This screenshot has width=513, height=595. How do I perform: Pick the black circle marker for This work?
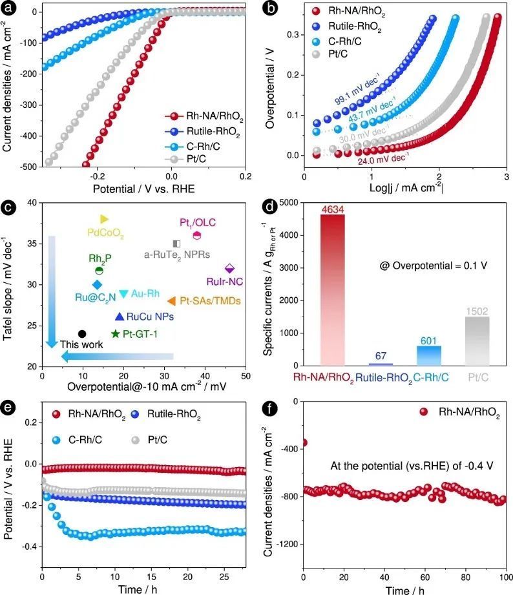82,333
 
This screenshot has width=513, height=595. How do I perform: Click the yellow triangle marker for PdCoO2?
105,219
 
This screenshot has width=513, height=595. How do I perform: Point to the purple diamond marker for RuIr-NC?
229,268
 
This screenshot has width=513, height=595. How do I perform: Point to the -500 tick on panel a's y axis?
27,167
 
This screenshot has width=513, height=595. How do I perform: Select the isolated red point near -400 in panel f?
304,443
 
